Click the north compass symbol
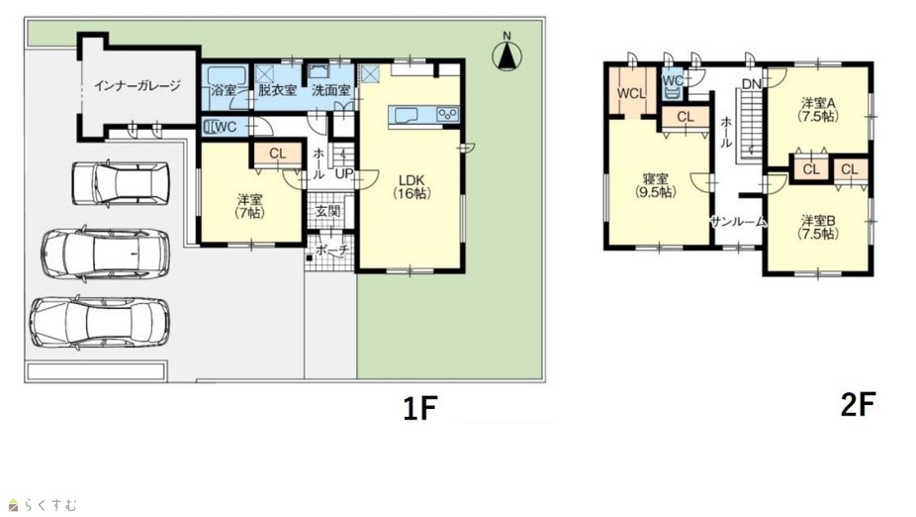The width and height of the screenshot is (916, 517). point(506,53)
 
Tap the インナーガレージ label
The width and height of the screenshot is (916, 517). point(137,86)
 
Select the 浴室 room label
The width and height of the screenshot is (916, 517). point(225,91)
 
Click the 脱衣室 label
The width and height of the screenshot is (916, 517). point(277,91)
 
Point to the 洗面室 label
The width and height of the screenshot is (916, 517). point(330,91)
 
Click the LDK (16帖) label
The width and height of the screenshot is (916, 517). point(412,186)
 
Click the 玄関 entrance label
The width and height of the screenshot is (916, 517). point(327,211)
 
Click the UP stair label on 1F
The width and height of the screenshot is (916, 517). point(343,173)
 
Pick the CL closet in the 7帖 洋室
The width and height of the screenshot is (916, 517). point(278,154)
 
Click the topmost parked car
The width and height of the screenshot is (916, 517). point(121,183)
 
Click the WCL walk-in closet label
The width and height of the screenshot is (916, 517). point(631,93)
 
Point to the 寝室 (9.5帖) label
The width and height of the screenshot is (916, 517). point(655,185)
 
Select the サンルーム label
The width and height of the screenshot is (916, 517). point(738,222)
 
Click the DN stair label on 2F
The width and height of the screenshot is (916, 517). point(752,84)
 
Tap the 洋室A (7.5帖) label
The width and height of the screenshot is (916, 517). point(818,109)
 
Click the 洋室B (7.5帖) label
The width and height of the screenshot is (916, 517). point(818,228)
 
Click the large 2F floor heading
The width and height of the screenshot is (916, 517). point(859,405)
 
